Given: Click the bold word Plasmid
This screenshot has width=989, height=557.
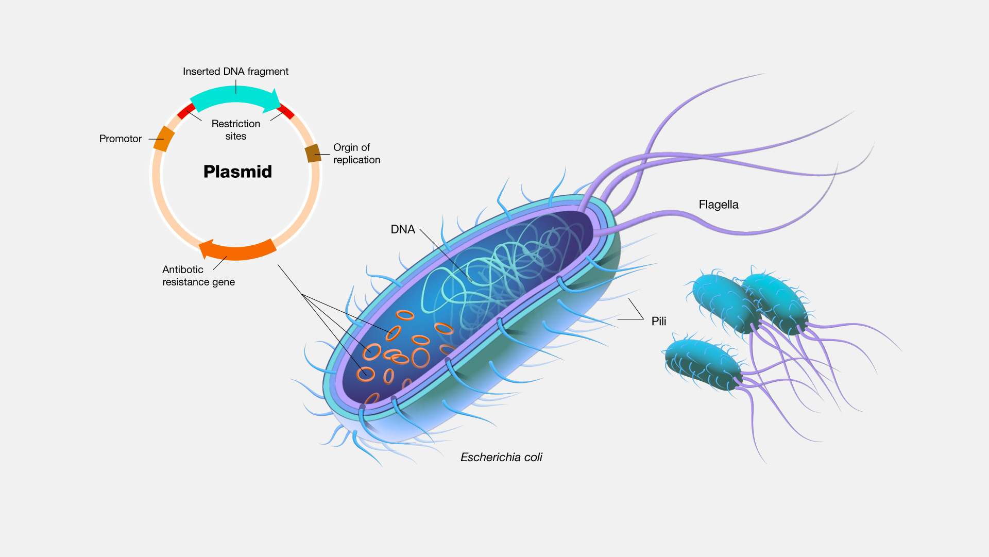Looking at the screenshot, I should click(237, 172).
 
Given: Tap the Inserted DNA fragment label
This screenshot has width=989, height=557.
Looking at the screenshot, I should click(235, 72).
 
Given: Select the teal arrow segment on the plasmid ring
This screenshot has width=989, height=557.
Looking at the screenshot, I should click(232, 96).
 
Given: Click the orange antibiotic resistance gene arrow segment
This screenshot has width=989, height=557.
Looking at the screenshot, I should click(240, 251).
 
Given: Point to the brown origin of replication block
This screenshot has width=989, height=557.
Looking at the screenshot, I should click(313, 153).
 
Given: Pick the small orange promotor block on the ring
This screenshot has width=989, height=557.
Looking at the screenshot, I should click(164, 139).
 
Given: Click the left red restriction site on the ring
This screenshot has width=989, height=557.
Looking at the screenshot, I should click(186, 111).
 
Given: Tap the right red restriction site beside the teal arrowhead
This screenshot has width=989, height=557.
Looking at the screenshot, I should click(286, 111).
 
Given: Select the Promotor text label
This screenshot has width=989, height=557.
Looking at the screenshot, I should click(120, 139).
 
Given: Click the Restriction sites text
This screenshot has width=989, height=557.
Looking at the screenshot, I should click(235, 130).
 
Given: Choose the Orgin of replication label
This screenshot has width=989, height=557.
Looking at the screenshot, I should click(356, 154).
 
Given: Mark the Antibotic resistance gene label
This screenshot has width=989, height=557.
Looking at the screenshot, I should click(198, 276).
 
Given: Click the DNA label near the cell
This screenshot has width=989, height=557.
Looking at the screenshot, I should click(402, 229).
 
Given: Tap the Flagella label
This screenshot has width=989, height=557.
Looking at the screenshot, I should click(718, 205).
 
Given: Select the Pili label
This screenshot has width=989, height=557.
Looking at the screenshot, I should click(658, 322).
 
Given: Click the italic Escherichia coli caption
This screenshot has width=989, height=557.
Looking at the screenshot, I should click(501, 458).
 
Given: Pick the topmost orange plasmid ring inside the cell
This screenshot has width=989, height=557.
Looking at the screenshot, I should click(405, 315).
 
